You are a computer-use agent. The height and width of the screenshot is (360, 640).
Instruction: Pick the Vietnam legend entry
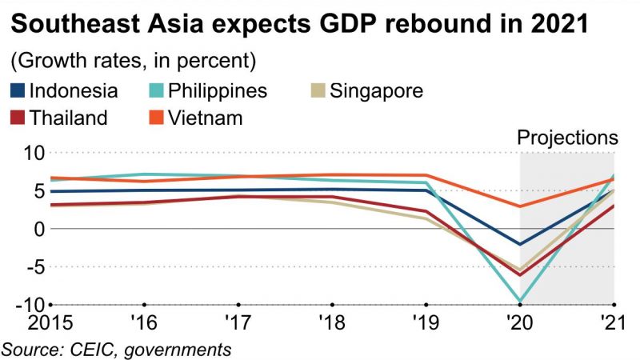[x=203, y=118]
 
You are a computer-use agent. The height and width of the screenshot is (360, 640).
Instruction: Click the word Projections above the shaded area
[x=568, y=137]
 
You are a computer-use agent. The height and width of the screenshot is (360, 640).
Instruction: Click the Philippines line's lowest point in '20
[x=521, y=302]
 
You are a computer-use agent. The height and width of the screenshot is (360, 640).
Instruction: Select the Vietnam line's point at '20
[x=521, y=206]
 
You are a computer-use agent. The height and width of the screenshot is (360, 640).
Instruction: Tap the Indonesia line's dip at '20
[x=521, y=244]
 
